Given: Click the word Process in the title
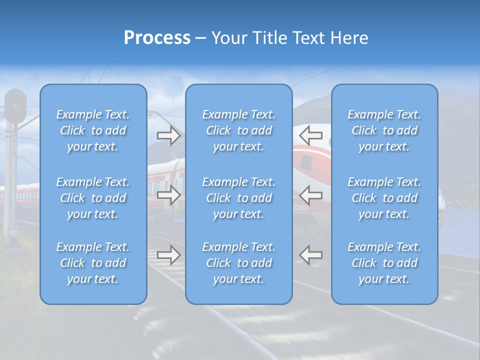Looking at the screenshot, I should click(157, 38).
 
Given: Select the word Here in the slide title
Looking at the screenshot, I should click(349, 38).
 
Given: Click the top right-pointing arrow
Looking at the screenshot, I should click(168, 135).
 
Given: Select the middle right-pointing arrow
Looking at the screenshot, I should click(168, 195).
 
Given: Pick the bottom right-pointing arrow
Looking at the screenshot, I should click(168, 255).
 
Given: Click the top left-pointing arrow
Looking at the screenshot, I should click(311, 135).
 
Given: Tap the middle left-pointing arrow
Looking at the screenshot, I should click(311, 195).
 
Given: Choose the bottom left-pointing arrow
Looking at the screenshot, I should click(311, 255).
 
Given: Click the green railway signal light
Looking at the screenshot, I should click(15, 106).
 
